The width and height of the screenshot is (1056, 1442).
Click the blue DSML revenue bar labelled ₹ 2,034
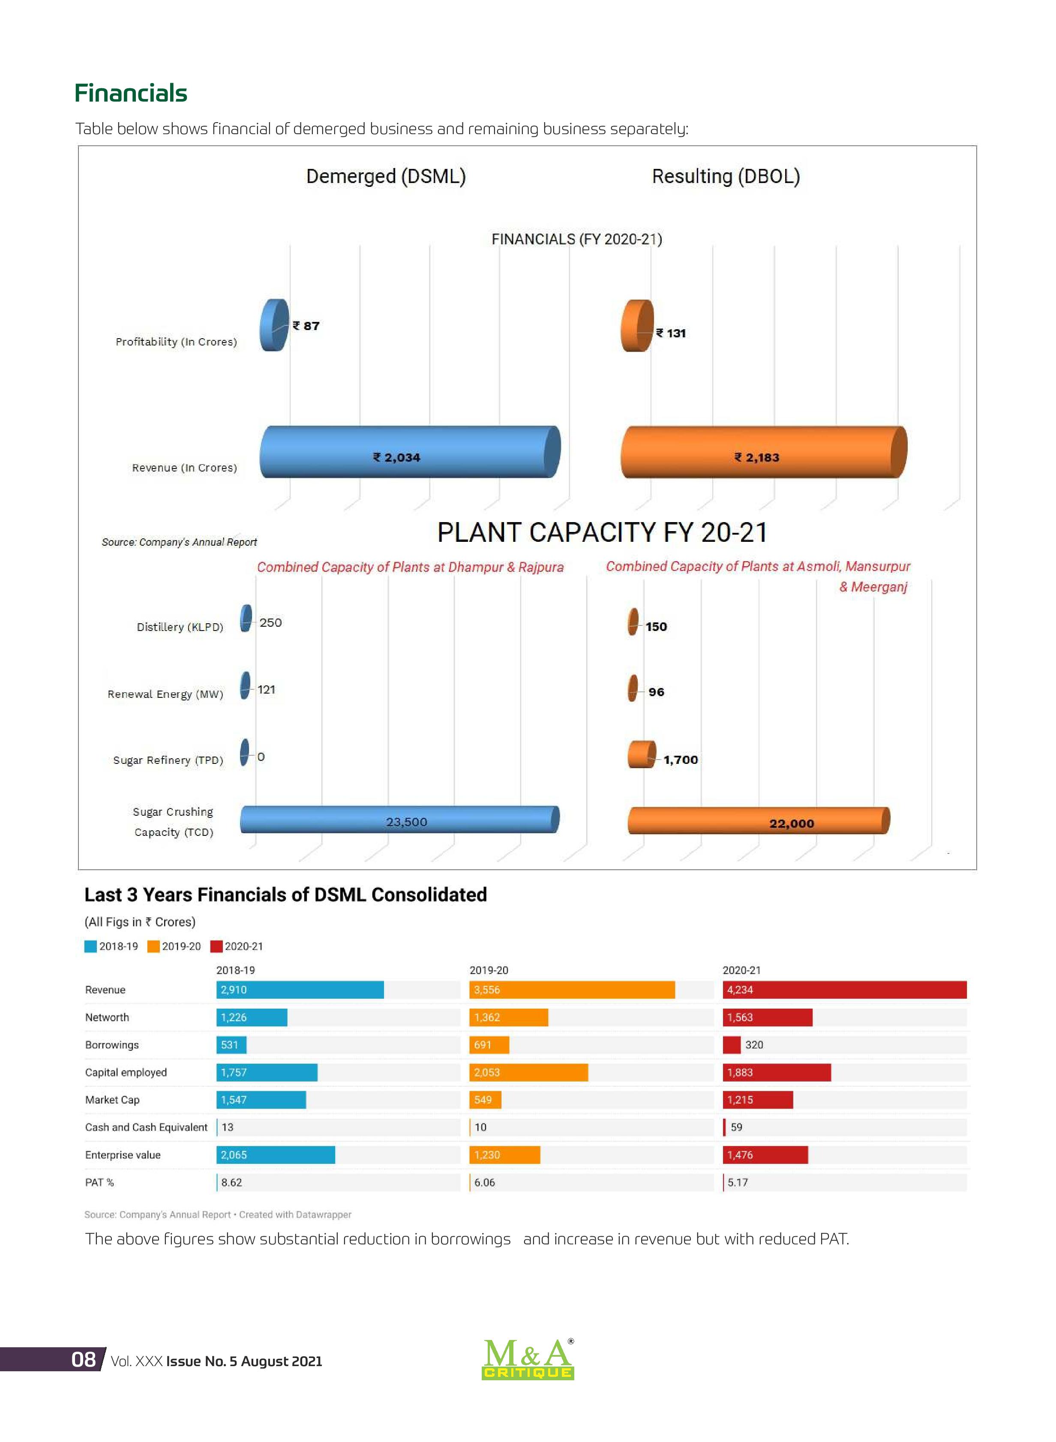410,451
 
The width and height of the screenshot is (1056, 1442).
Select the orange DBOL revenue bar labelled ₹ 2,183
764,451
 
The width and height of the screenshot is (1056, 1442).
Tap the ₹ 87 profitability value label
306,326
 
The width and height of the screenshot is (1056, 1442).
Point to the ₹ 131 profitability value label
671,333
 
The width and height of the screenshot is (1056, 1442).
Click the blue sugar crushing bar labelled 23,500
399,820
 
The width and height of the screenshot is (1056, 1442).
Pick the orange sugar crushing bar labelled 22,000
759,821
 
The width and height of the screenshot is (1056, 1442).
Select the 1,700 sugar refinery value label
680,759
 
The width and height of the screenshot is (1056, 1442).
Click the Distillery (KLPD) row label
180,627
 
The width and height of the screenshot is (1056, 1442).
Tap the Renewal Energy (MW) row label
165,694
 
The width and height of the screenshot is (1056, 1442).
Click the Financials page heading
131,93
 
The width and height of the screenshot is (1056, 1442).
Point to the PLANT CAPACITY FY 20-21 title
602,532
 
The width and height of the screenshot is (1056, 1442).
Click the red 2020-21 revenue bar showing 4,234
844,989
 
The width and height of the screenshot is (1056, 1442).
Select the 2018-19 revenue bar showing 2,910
300,989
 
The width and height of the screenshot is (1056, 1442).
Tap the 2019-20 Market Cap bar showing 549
485,1100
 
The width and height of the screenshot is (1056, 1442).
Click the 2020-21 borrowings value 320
754,1045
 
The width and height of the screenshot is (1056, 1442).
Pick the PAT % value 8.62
231,1183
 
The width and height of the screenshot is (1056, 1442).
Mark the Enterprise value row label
123,1155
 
